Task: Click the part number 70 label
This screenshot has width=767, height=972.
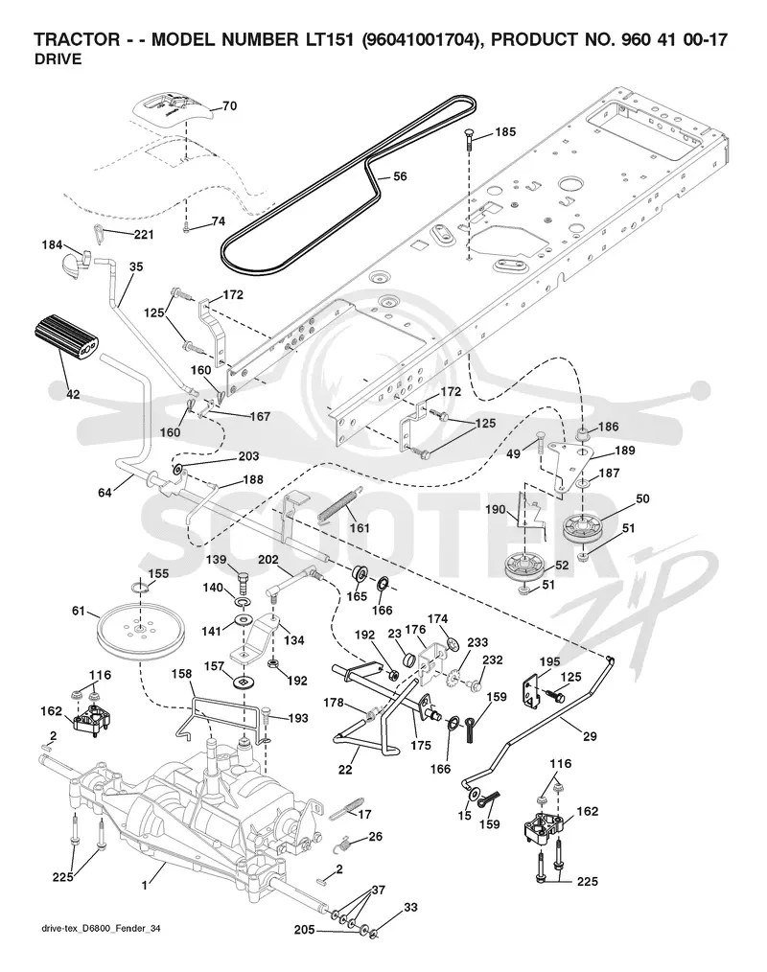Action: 229,106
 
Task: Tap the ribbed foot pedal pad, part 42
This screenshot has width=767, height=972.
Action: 64,336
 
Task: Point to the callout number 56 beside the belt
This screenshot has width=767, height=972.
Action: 401,176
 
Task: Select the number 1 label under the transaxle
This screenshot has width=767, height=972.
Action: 145,886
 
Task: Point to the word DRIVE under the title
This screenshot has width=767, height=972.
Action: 58,59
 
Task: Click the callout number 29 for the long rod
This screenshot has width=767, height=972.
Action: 590,736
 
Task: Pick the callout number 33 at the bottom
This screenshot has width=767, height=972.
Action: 410,908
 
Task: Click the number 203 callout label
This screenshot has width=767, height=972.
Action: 248,456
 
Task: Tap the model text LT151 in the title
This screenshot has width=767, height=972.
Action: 333,39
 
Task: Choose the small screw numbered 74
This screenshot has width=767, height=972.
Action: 185,229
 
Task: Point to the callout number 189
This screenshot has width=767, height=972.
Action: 624,450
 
